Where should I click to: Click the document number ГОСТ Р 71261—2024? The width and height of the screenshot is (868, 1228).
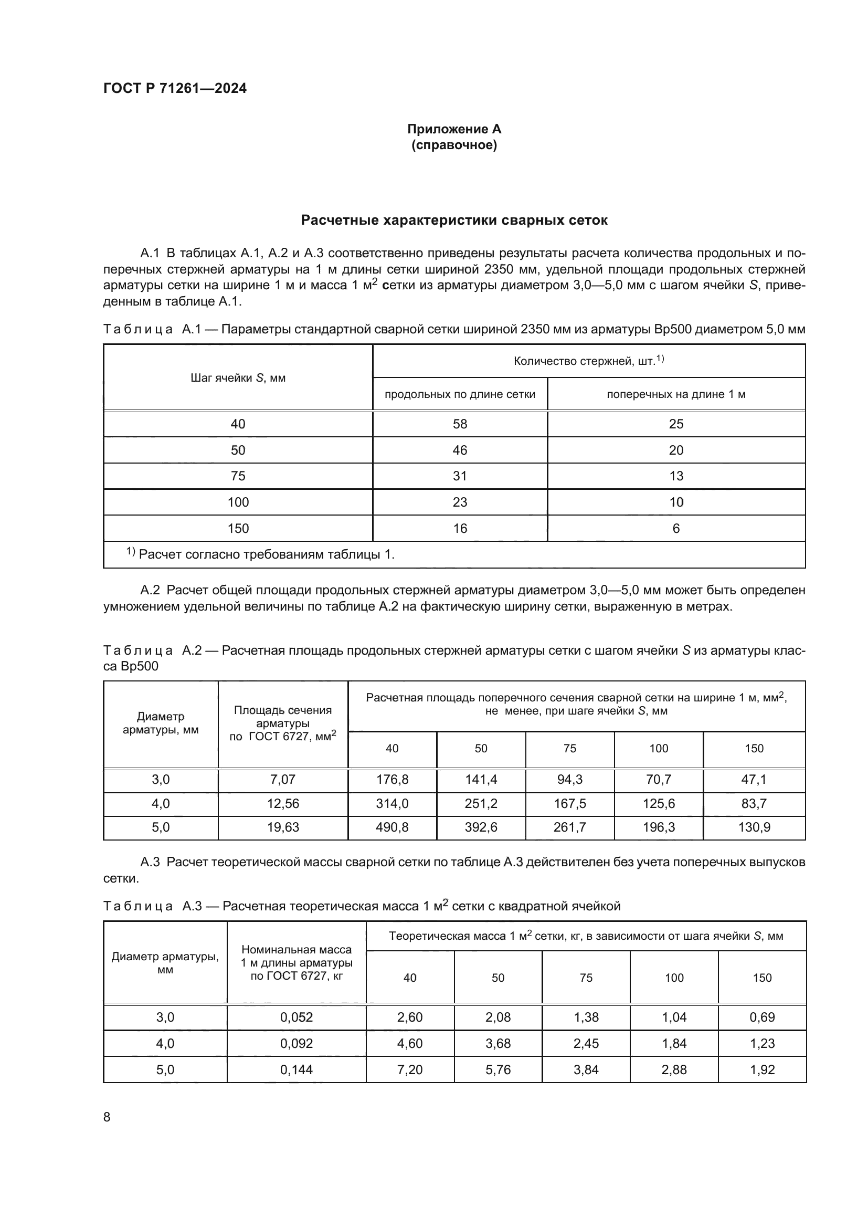coord(175,88)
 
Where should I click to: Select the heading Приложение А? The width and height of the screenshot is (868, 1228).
coord(454,129)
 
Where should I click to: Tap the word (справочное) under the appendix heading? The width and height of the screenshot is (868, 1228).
coord(454,145)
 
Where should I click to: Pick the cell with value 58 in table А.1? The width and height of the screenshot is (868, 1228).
coord(460,424)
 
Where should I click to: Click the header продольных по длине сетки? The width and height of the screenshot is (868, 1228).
coord(460,395)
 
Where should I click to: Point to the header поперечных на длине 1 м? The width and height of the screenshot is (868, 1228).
coord(675,395)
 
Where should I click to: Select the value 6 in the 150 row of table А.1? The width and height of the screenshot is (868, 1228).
coord(675,529)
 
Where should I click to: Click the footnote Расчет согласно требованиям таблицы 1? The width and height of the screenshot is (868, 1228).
coord(266,554)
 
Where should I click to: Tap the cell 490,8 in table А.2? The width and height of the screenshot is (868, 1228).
coord(392,827)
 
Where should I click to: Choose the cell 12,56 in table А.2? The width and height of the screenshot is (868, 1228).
coord(283,803)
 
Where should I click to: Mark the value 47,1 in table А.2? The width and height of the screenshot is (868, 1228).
coord(754,780)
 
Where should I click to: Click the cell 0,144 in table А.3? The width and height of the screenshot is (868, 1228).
coord(296,1069)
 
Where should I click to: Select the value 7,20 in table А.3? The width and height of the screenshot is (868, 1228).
coord(409,1069)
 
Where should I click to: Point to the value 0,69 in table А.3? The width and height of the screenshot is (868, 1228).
coord(761,1017)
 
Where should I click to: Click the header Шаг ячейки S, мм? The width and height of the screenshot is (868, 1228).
coord(238,378)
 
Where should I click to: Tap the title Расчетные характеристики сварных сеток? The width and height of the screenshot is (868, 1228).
coord(454,221)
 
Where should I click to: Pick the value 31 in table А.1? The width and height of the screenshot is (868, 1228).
coord(460,476)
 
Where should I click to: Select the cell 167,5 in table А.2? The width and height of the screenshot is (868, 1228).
coord(569,803)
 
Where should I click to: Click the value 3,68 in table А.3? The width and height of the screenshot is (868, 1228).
coord(497,1044)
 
